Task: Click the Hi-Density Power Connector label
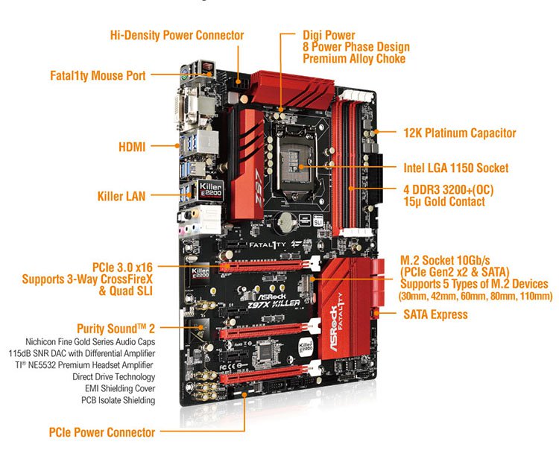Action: (177, 35)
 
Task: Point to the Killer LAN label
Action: (121, 197)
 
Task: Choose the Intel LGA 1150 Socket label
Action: (455, 168)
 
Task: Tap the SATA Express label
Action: (435, 314)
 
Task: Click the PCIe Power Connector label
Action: (102, 432)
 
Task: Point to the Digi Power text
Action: (329, 35)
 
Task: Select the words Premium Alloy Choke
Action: (355, 59)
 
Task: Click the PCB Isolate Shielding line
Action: (118, 400)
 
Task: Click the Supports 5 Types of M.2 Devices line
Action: (474, 284)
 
